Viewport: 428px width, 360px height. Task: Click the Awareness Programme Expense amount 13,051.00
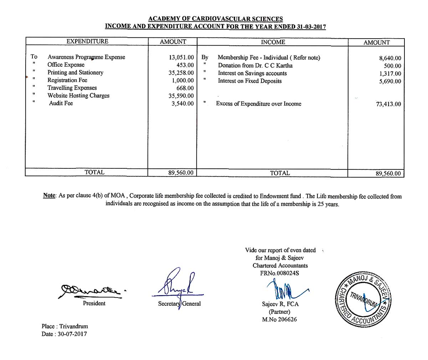tap(181, 57)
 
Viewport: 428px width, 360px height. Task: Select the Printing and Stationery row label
tap(75, 72)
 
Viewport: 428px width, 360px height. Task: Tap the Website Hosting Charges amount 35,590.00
tap(181, 96)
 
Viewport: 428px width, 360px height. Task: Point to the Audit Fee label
tap(61, 103)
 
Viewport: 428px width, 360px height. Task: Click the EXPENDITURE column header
tap(87, 41)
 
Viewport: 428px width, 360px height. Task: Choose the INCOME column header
tap(273, 42)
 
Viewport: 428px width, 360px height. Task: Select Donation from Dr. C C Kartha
tap(255, 66)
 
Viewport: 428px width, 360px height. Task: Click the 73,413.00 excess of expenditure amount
tap(388, 104)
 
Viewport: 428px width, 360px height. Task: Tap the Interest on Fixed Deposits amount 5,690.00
tap(390, 81)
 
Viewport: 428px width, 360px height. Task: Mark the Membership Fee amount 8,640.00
tap(390, 58)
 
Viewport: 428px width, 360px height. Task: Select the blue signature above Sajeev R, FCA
tap(285, 290)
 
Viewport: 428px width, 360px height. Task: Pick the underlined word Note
tap(49, 196)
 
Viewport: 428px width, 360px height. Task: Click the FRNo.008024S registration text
tap(280, 273)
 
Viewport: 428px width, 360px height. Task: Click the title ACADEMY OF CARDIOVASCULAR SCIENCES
tap(215, 19)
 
